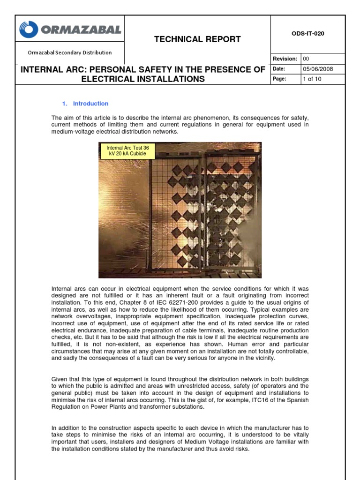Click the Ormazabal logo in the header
tap(70, 30)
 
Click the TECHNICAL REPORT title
tap(197, 39)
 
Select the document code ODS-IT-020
tap(308, 34)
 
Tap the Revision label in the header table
tap(285, 59)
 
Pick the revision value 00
tap(307, 59)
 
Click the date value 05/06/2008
tap(318, 69)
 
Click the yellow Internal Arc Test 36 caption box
tap(127, 150)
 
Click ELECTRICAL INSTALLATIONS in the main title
tap(143, 79)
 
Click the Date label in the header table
tap(279, 69)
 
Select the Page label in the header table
tap(279, 79)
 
